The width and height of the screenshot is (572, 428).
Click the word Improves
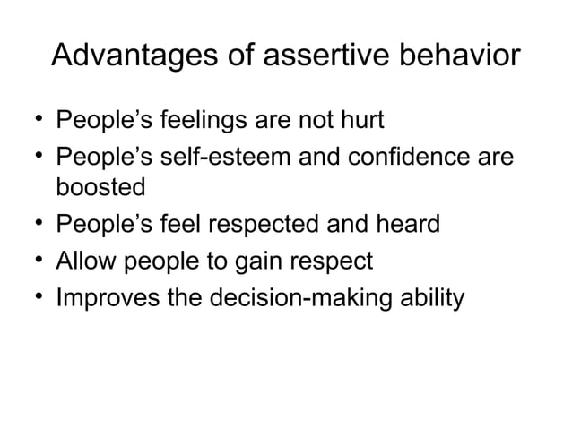[108, 297]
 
